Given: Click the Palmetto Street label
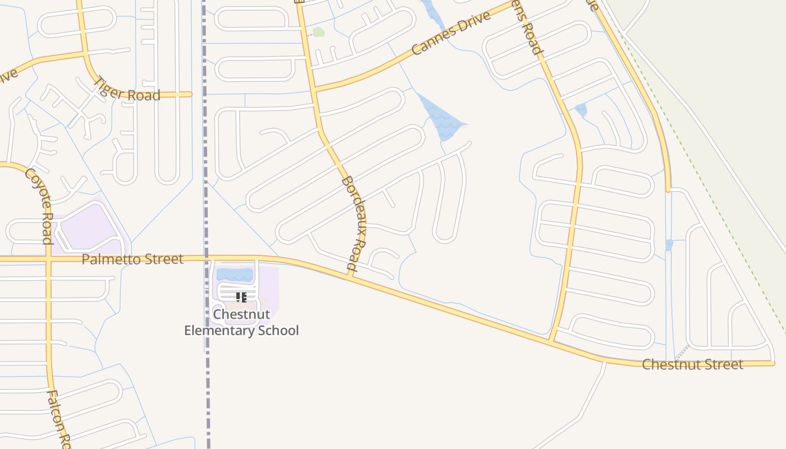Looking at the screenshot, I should (132, 259).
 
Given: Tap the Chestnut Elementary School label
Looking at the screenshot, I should (241, 322).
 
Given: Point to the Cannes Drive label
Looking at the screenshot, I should (451, 33).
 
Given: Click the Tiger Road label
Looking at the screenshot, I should (126, 90).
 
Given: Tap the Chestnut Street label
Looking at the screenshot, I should (692, 364).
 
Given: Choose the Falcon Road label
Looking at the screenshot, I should (58, 418).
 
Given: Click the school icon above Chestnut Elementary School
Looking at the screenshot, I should (241, 297).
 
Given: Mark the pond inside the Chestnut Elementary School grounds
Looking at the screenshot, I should (235, 274).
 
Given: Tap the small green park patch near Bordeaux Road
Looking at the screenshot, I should (318, 32).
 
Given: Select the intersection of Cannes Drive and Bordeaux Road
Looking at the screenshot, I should (314, 89).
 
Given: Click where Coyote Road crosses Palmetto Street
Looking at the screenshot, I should (49, 259).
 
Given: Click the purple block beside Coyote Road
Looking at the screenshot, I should (90, 229).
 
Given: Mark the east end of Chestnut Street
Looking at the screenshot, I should (773, 364).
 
